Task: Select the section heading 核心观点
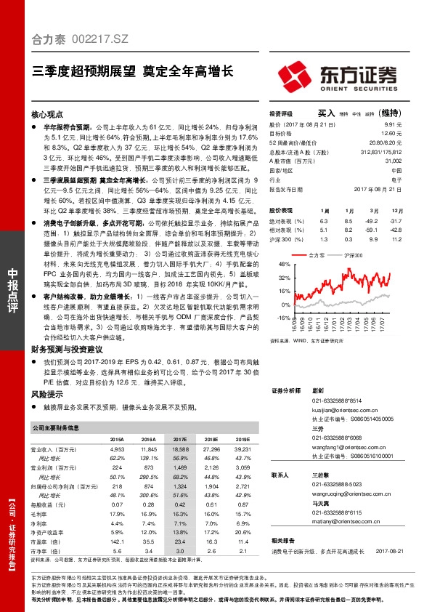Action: point(48,115)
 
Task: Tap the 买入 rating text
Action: point(326,113)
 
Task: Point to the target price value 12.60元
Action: point(392,133)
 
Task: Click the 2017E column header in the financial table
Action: point(179,440)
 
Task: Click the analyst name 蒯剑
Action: point(317,390)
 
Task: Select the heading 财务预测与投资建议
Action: point(63,349)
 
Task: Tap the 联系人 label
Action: point(280,475)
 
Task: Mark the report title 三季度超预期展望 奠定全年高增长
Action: point(133,71)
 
